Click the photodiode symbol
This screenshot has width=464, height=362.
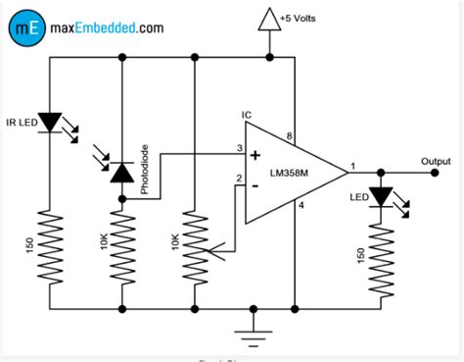121,173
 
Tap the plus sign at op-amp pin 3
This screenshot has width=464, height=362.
255,155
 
